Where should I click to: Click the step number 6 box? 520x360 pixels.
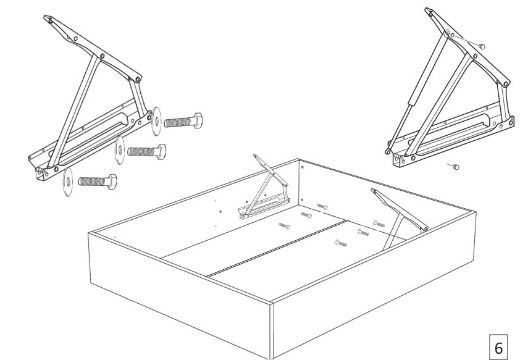coord(498,348)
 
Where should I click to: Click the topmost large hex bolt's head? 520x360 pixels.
coord(198,120)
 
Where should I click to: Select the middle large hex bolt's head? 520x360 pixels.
coord(161,152)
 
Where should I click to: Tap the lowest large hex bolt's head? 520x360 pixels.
coord(112,182)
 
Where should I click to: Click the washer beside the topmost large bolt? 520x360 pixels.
coord(156,121)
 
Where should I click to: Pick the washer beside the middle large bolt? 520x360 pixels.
coord(120,150)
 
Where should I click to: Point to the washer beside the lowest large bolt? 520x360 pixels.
coord(68,182)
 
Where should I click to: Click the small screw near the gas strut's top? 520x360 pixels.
coord(482,46)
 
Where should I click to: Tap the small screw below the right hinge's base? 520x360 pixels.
coord(456,167)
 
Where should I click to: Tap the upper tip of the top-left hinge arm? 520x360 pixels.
coord(46,17)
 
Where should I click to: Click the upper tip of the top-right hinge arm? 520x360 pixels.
coord(427,10)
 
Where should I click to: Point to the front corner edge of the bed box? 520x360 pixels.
coord(272,331)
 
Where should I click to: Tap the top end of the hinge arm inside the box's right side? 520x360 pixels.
coord(374,190)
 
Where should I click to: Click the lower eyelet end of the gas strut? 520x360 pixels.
coord(388,151)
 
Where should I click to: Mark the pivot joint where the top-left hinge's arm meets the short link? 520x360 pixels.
coord(138,79)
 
